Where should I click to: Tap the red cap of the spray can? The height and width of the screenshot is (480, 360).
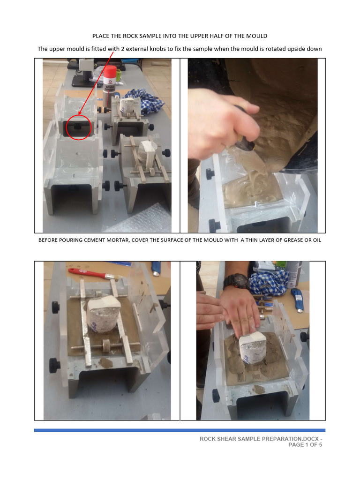pos(109,72)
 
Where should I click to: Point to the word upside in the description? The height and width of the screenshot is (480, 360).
pos(292,49)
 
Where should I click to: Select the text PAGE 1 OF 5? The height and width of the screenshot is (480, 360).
pos(305,445)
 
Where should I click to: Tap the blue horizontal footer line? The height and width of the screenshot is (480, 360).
pos(180,430)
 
